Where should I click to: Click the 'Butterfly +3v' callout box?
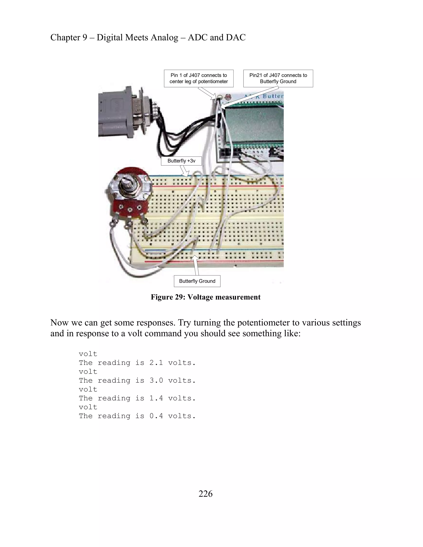click(181, 161)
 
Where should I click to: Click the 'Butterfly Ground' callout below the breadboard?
click(197, 281)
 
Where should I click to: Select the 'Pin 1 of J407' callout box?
click(198, 78)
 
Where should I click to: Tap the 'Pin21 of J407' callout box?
click(278, 78)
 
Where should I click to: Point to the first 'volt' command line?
click(88, 354)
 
